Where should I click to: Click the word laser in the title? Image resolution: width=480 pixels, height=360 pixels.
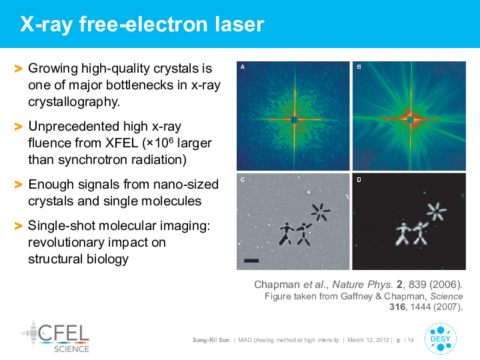[x=239, y=24]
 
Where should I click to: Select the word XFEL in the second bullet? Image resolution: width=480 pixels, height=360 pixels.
[x=122, y=143]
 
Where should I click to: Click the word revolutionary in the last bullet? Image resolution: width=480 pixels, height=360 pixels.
[x=66, y=243]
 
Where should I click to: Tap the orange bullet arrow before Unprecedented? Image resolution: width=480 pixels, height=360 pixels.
[x=19, y=127]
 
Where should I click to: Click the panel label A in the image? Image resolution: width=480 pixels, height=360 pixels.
[x=243, y=67]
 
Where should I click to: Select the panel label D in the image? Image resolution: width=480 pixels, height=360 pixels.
[x=359, y=180]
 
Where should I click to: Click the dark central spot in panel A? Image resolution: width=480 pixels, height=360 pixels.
[x=294, y=119]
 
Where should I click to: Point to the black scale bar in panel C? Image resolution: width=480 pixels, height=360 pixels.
[x=251, y=261]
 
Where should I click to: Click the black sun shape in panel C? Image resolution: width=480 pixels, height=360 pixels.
[x=320, y=212]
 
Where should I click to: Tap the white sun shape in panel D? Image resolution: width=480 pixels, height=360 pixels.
[x=437, y=211]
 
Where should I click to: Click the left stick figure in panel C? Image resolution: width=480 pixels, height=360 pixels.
[x=287, y=234]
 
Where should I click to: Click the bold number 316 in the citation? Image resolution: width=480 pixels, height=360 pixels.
[x=397, y=307]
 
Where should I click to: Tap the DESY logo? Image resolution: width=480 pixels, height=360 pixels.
[x=441, y=339]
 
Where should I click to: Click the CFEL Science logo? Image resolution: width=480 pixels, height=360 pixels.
[x=55, y=337]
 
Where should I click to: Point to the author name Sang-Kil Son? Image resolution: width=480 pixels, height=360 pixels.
[x=211, y=340]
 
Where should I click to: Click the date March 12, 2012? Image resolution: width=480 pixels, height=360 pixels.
[x=368, y=340]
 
